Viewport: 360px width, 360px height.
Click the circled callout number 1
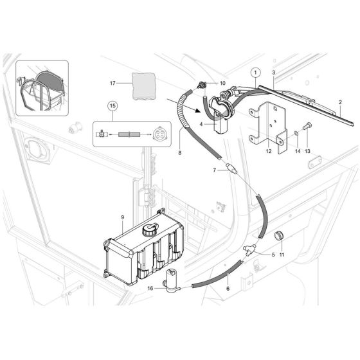coord(256,73)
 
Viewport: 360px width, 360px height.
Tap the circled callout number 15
coord(113,106)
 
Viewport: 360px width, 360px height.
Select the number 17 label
coord(113,83)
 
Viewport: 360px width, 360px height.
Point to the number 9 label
coord(123,217)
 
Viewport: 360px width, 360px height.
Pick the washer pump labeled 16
coord(172,280)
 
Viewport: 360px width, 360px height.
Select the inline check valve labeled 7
coord(231,168)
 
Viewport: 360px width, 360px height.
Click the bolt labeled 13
coord(307,126)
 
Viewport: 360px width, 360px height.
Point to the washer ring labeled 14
coord(296,132)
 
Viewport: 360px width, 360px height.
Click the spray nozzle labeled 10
coord(201,85)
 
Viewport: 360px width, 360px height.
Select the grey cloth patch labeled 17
coord(144,86)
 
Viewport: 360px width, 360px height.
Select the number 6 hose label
coord(228,289)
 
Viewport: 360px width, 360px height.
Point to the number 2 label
coord(340,102)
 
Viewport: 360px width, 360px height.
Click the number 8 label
coord(179,152)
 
